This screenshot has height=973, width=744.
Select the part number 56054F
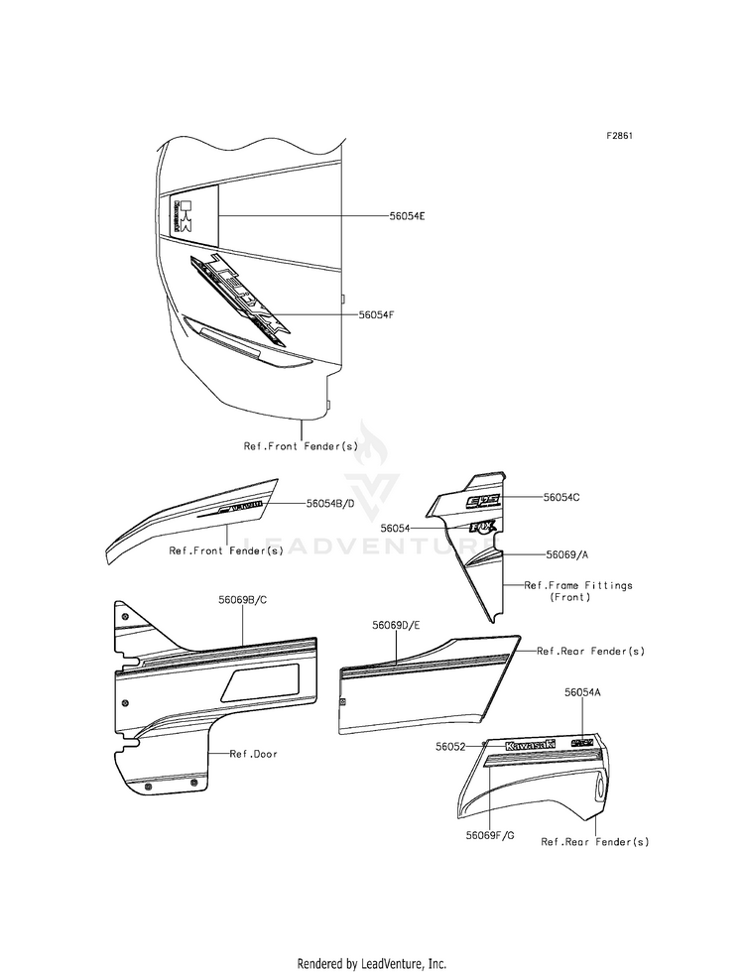pos(377,314)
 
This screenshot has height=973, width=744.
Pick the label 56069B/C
pos(244,600)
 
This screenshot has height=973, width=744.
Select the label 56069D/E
pos(397,626)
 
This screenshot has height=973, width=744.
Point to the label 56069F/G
pos(490,835)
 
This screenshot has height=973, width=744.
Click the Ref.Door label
pos(254,754)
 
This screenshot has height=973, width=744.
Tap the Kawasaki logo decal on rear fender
pos(530,745)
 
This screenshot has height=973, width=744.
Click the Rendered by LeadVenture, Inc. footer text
pos(372,963)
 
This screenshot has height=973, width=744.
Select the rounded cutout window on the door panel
pos(263,682)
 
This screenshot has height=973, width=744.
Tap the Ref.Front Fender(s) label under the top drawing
pos(302,446)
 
